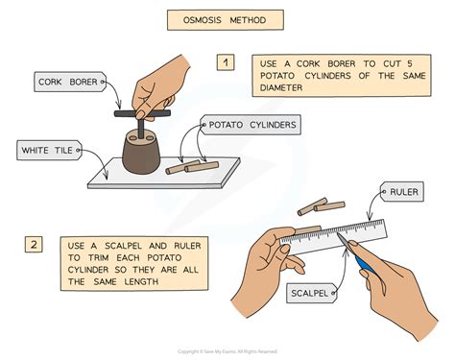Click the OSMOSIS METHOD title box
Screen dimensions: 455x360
tap(226, 20)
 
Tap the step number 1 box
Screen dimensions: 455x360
tap(226, 62)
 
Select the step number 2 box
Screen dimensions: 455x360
tap(34, 245)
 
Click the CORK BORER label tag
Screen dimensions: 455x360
tap(70, 82)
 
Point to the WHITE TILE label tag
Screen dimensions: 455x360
tap(49, 150)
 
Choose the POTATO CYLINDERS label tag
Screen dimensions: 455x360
tap(251, 125)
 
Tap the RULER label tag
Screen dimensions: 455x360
tap(402, 192)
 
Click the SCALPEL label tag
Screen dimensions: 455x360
tap(311, 293)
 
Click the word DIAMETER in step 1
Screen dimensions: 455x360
tap(281, 87)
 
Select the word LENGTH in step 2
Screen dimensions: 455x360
tap(141, 282)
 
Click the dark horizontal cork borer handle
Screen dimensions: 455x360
tap(142, 113)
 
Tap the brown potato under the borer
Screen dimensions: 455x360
tap(141, 152)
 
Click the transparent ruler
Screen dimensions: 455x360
tap(333, 236)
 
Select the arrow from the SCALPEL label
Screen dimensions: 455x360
tap(342, 272)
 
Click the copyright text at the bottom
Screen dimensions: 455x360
tap(227, 351)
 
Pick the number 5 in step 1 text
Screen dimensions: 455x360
tap(410, 63)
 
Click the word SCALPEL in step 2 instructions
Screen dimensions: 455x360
tap(123, 246)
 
